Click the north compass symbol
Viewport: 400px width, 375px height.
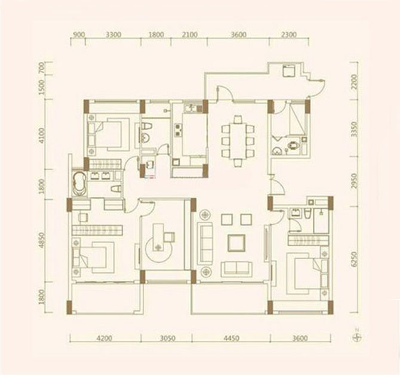(x=357, y=337)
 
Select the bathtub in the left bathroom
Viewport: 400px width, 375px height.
(x=79, y=184)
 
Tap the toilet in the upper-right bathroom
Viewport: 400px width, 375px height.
(x=293, y=146)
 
